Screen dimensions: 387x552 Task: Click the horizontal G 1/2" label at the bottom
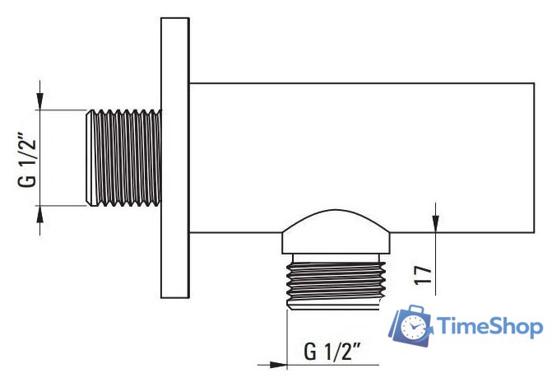(333, 353)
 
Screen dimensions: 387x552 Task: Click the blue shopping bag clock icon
(412, 324)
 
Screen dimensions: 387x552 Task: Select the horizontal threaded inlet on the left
(123, 157)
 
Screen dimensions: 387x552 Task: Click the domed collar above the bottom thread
(335, 235)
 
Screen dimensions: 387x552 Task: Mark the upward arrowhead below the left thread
(40, 213)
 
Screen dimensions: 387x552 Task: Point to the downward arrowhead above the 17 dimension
(435, 225)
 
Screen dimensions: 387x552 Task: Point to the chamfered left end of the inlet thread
(88, 157)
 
